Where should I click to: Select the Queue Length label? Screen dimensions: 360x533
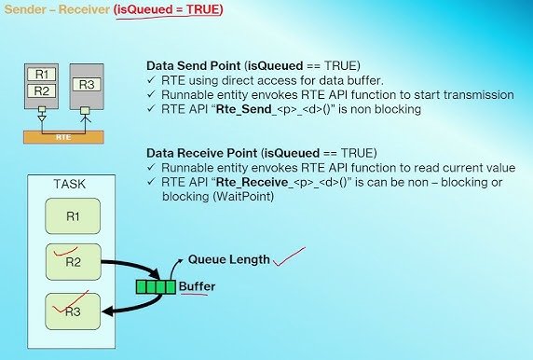(x=228, y=260)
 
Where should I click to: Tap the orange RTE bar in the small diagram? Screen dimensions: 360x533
(x=63, y=134)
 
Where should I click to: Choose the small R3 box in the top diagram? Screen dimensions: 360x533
(x=85, y=85)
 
